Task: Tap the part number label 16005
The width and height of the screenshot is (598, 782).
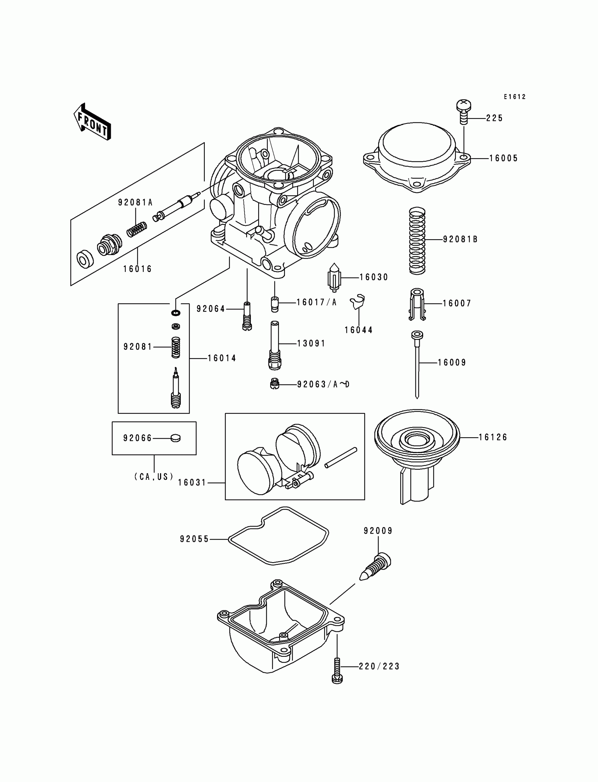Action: pyautogui.click(x=503, y=158)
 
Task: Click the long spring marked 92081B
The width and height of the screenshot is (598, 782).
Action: pyautogui.click(x=417, y=241)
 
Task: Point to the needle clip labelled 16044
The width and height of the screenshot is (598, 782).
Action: pyautogui.click(x=357, y=302)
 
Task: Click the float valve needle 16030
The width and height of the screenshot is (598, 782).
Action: pyautogui.click(x=334, y=277)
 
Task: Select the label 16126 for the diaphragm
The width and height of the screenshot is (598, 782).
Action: pyautogui.click(x=492, y=438)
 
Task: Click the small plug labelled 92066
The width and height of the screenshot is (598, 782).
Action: pyautogui.click(x=176, y=438)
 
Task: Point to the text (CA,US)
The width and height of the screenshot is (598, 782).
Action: pyautogui.click(x=154, y=476)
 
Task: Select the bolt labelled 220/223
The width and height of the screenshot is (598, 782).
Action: pyautogui.click(x=337, y=670)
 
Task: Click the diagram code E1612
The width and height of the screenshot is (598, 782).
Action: pyautogui.click(x=514, y=97)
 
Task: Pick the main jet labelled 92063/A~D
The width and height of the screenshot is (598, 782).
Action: pyautogui.click(x=274, y=384)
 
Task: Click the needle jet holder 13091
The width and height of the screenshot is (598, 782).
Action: pyautogui.click(x=275, y=345)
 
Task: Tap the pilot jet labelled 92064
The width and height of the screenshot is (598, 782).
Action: pyautogui.click(x=247, y=316)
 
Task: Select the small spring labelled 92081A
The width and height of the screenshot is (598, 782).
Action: pyautogui.click(x=137, y=229)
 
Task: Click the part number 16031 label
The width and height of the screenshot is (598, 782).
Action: pyautogui.click(x=192, y=483)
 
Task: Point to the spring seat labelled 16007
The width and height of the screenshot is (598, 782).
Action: pyautogui.click(x=417, y=303)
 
